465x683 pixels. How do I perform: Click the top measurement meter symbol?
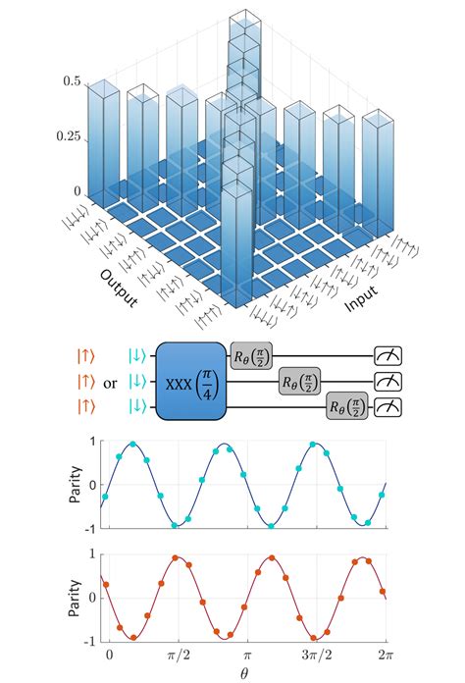tap(390, 354)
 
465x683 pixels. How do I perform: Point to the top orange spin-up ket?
tap(85, 354)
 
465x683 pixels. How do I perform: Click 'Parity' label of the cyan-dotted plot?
tap(76, 485)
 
